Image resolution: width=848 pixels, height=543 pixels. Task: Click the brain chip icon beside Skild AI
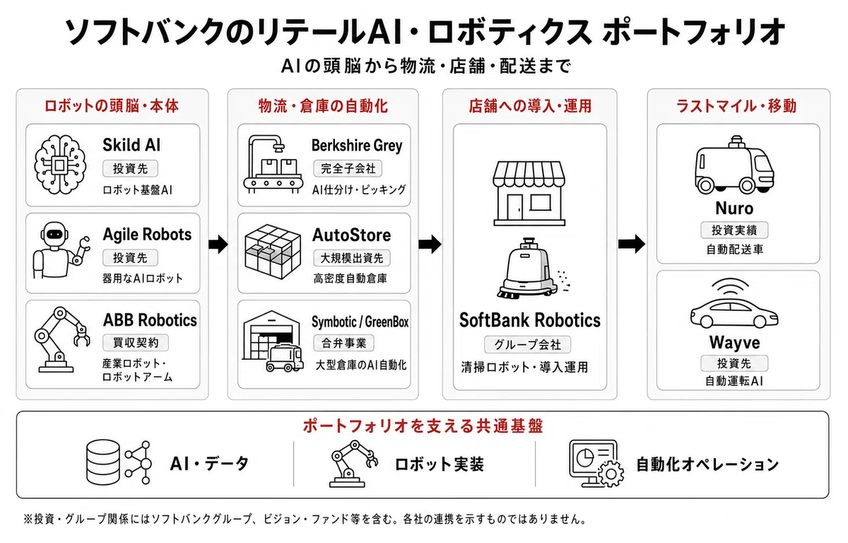coord(60,165)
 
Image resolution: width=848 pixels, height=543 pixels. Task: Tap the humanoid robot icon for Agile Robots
coord(61,250)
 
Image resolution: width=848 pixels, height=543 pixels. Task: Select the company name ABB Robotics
coord(150,320)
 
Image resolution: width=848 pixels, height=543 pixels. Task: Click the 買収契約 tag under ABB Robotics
coord(136,343)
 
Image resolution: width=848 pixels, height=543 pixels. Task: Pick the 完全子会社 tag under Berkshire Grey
coord(348,168)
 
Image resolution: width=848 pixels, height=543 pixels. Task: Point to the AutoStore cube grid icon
coord(273,252)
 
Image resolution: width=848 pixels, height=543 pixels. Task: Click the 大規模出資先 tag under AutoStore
coord(352,258)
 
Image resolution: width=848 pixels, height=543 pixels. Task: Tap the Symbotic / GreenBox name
coord(360,322)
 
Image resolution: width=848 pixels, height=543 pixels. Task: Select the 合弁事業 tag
coord(343,343)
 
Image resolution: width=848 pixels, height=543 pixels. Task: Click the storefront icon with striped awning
coord(529,193)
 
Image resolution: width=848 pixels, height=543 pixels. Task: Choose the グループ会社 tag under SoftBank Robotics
coord(527,344)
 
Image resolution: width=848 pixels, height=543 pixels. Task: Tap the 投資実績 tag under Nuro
coord(734,230)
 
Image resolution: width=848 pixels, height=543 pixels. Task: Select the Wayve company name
coord(734,342)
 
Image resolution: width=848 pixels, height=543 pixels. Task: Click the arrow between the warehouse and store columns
coord(430,243)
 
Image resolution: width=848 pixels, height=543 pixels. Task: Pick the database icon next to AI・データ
coord(103,462)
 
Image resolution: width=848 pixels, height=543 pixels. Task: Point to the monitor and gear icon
coord(596,464)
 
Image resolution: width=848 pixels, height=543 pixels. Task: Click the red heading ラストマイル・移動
coord(736,106)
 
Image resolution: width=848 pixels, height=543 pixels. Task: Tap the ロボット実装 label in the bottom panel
coord(439,465)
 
